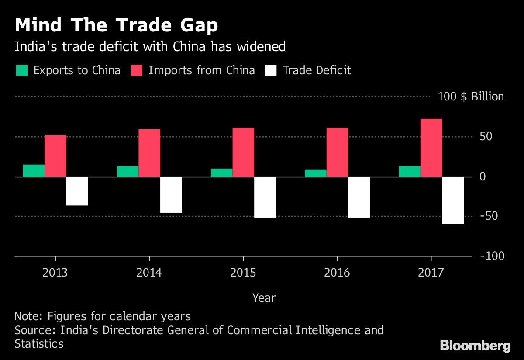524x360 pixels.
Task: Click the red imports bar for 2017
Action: click(x=431, y=148)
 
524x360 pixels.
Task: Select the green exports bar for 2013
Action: click(x=34, y=170)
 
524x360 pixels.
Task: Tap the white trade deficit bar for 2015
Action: click(x=265, y=197)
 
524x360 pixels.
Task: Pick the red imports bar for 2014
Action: click(x=149, y=153)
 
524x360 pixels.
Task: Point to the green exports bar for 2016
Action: click(x=315, y=173)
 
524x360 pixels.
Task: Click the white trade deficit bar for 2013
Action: click(x=77, y=191)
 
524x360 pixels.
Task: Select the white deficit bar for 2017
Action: click(x=453, y=200)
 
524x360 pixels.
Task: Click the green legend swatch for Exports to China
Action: click(x=22, y=70)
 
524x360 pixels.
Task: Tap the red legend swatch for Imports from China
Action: click(x=137, y=70)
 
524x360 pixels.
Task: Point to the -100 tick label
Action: click(x=492, y=256)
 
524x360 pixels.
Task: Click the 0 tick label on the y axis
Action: click(x=483, y=177)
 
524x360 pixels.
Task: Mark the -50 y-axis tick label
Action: click(x=489, y=216)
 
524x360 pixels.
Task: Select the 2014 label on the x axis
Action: click(x=149, y=273)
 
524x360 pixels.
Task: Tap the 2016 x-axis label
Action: click(x=337, y=273)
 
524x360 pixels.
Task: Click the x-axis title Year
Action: click(x=264, y=298)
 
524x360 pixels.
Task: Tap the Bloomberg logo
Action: click(x=475, y=346)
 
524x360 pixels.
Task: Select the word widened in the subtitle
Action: click(x=261, y=47)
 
